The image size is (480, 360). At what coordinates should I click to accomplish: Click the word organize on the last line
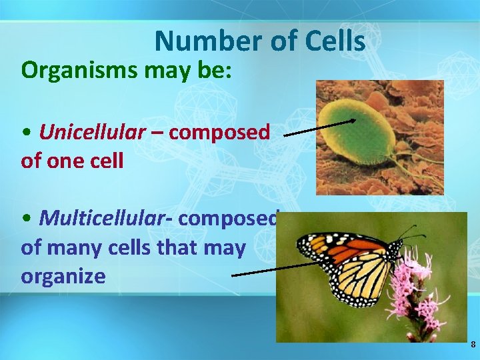[x=63, y=277]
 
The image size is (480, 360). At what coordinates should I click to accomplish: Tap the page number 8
[x=473, y=345]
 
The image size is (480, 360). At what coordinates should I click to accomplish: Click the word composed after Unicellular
[x=219, y=132]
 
